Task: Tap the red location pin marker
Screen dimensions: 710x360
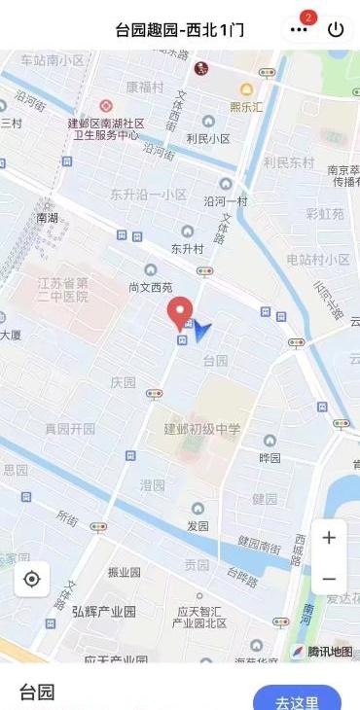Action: point(180,312)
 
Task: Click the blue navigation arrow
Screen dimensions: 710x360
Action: point(201,332)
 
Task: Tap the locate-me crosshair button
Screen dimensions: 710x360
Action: point(31,580)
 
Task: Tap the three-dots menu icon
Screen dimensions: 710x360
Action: point(299,29)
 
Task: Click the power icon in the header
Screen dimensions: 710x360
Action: point(336,29)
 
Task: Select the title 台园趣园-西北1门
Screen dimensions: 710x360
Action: point(179,29)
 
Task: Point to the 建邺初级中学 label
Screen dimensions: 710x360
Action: point(201,429)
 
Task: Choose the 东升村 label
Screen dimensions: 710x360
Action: point(187,248)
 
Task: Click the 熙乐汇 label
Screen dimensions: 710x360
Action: point(246,107)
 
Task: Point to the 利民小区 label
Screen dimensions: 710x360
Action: point(208,139)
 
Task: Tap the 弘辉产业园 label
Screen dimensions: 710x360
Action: point(103,611)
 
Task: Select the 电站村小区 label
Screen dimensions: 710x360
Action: point(318,260)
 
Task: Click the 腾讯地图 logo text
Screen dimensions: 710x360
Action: point(330,652)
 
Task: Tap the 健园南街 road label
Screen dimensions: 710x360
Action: point(260,543)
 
